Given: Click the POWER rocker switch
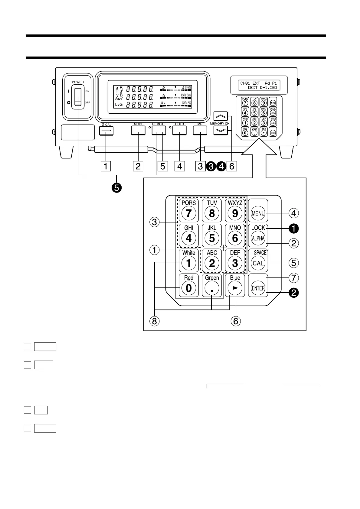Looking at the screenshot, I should click(78, 97).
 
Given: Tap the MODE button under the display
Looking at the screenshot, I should click(138, 130).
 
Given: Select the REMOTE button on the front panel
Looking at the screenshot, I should click(159, 130).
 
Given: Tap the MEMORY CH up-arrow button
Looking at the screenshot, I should click(221, 116).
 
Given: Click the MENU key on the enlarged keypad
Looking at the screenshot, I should click(258, 213).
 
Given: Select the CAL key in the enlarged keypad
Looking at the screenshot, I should click(258, 263).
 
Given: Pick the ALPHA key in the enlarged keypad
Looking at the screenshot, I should click(258, 238).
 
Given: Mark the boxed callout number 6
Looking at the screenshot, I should click(232, 166).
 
